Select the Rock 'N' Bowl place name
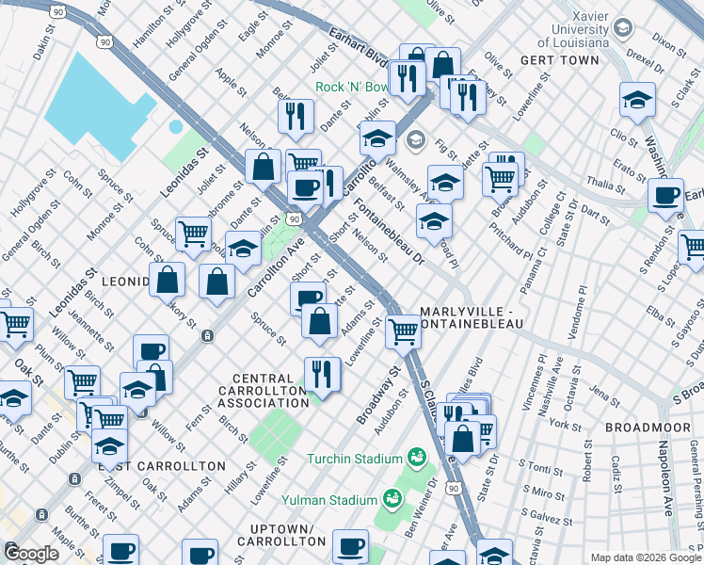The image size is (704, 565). click(351, 87)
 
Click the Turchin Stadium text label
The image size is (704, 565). click(354, 459)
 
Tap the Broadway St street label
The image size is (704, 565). click(379, 395)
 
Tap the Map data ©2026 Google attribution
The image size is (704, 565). click(645, 557)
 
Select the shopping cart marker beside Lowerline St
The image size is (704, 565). click(404, 331)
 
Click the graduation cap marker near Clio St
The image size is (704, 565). click(637, 101)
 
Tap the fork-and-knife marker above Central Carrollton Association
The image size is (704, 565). click(322, 373)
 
